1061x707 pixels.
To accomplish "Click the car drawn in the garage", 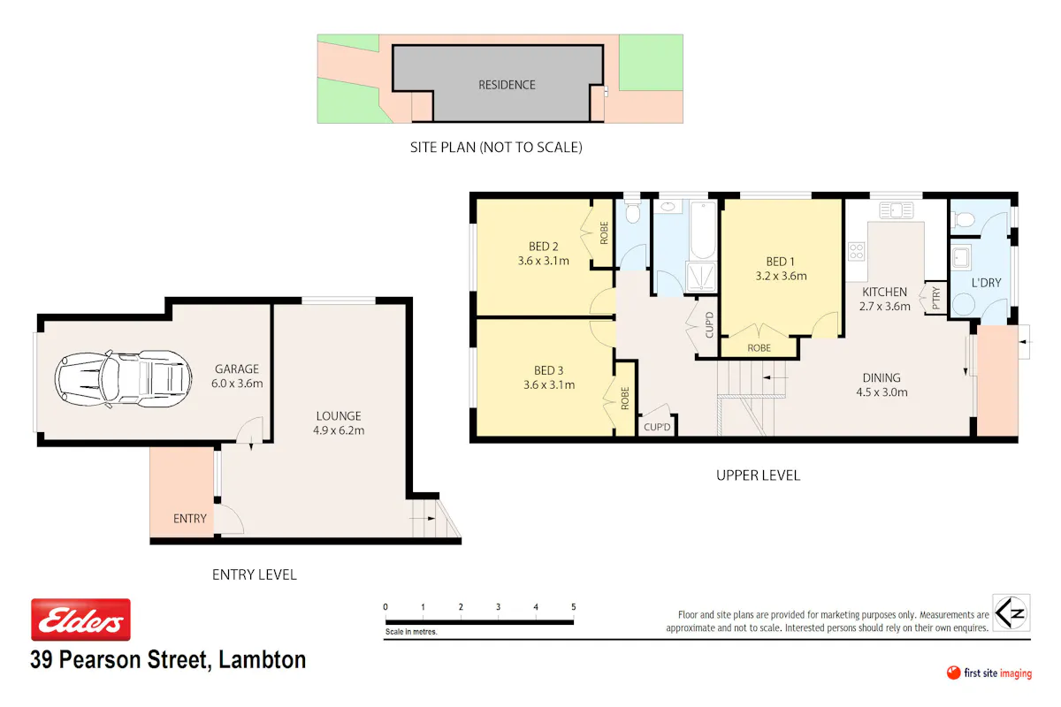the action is tap(123, 379).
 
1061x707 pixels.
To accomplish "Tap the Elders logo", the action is tap(81, 620).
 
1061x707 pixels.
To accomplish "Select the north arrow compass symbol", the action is tap(1011, 612).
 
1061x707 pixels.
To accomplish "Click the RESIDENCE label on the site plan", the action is tap(507, 85).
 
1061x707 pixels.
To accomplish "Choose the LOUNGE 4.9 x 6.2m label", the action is tap(339, 422).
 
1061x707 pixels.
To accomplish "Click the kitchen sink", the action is tap(897, 209).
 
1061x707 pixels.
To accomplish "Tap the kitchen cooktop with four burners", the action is tap(857, 252).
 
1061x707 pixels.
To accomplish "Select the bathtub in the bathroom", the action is tap(703, 230).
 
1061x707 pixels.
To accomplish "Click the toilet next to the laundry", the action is tap(963, 220).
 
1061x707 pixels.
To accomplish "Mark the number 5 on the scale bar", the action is tap(573, 607).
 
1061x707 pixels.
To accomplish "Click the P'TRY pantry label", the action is tap(936, 298).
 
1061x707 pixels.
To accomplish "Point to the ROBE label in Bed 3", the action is tap(625, 398).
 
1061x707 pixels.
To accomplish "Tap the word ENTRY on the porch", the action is tap(190, 519).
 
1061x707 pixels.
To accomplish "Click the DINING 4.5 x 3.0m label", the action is tap(882, 384).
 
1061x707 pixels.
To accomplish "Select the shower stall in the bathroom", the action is tap(701, 276).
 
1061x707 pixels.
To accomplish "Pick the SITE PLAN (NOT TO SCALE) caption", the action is tap(496, 148).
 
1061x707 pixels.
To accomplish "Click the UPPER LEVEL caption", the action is tap(758, 475).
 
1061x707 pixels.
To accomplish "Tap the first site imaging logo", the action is tap(989, 673).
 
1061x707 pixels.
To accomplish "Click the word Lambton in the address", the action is tap(262, 659).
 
